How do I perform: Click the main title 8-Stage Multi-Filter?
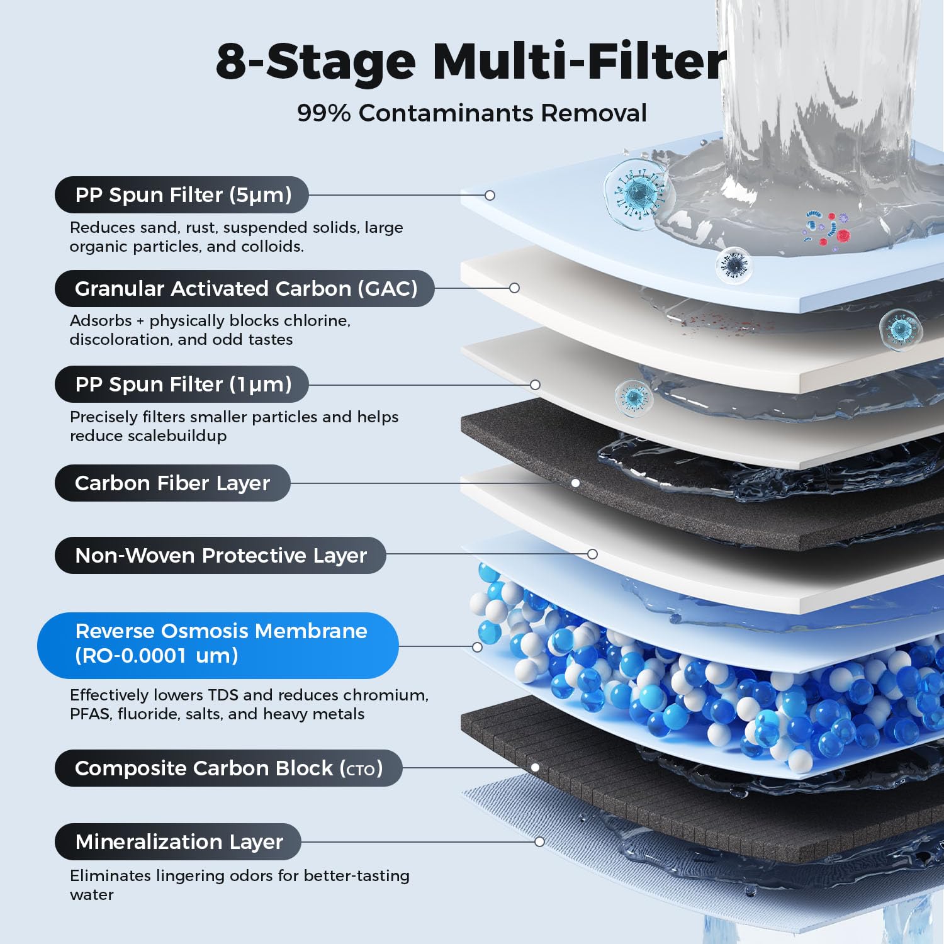(x=471, y=62)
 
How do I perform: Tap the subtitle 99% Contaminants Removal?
(x=471, y=113)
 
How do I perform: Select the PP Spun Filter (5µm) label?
(x=183, y=195)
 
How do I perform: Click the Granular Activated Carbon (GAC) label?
(x=245, y=288)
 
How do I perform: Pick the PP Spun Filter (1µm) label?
(x=183, y=385)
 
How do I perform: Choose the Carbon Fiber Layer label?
(x=172, y=483)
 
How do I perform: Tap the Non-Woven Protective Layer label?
(x=220, y=556)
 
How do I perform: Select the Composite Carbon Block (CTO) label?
(x=228, y=768)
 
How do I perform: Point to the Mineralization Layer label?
(x=179, y=842)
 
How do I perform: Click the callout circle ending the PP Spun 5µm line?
(x=490, y=196)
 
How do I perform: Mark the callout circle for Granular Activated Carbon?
(x=514, y=288)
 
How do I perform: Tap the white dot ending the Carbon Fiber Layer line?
(x=575, y=483)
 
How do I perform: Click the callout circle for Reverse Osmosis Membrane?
(x=477, y=647)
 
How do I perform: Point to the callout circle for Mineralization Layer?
(x=539, y=842)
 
